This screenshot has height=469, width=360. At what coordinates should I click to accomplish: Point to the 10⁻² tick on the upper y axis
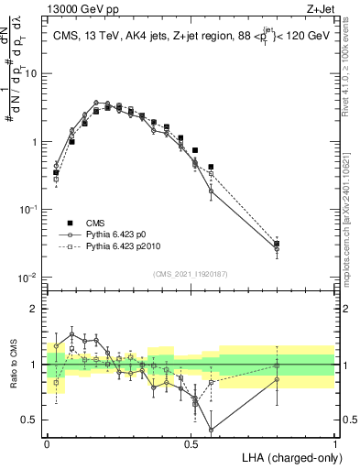click(32, 278)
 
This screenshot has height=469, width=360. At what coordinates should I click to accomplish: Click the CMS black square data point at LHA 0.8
click(277, 244)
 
